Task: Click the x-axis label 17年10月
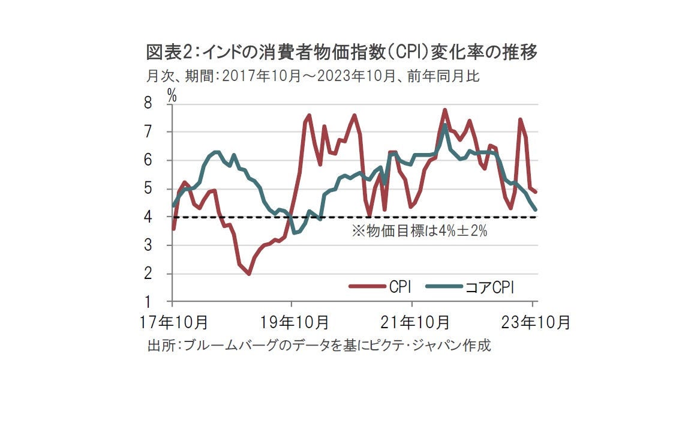(x=172, y=322)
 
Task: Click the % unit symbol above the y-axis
(x=172, y=93)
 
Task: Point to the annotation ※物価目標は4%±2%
(x=419, y=231)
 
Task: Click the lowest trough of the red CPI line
(x=248, y=274)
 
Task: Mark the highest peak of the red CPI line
(x=444, y=110)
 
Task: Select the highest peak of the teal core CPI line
(x=444, y=125)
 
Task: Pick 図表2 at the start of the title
(x=169, y=53)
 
